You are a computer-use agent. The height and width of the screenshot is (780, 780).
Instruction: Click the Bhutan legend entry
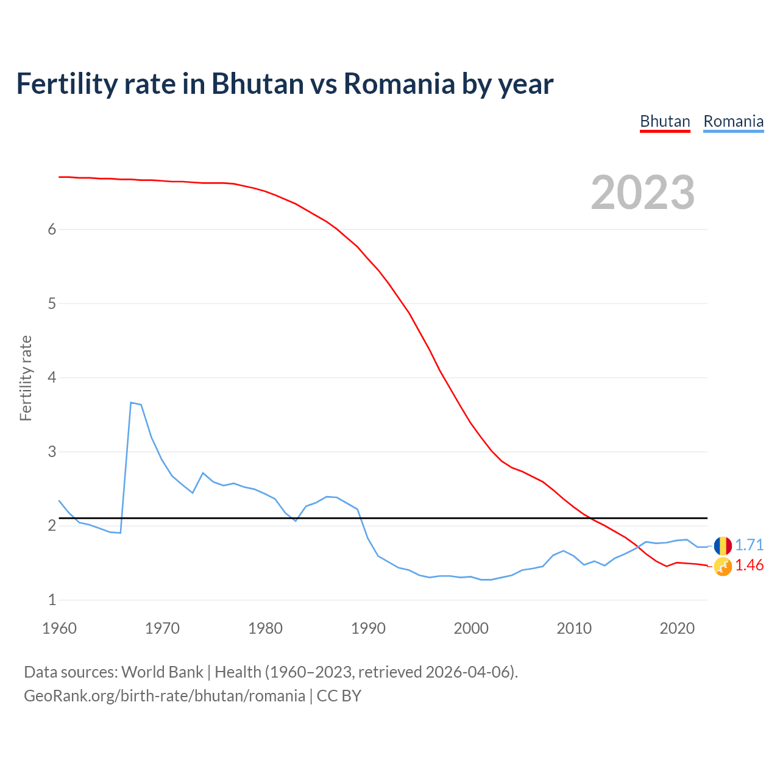click(665, 121)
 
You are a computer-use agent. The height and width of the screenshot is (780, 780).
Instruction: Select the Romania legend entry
click(733, 121)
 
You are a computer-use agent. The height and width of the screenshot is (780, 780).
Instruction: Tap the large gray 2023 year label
click(643, 193)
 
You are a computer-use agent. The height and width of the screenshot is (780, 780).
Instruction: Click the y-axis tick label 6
click(52, 229)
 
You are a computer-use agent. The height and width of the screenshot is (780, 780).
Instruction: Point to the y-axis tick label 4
click(52, 377)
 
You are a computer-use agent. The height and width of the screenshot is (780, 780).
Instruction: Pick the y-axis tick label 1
click(52, 600)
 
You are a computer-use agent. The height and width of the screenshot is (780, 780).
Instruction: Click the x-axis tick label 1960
click(59, 628)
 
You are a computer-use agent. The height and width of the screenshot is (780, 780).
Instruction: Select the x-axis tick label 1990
click(368, 628)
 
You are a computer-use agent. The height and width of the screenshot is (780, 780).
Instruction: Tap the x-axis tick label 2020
click(677, 628)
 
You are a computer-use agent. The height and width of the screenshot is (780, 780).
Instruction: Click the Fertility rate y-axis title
click(26, 378)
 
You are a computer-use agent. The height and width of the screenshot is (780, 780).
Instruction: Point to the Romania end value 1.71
click(749, 545)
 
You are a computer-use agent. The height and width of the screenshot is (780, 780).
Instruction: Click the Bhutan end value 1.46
click(749, 565)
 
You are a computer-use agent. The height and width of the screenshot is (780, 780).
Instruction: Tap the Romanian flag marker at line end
click(723, 545)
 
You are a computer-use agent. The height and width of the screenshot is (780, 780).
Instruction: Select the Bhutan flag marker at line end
click(723, 567)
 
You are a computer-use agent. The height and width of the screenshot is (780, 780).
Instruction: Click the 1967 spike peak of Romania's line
click(131, 402)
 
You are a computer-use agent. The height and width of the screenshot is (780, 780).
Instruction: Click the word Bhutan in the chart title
click(257, 83)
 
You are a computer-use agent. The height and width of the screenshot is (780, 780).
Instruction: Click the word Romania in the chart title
click(399, 83)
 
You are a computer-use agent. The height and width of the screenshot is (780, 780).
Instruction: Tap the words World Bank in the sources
click(162, 672)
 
